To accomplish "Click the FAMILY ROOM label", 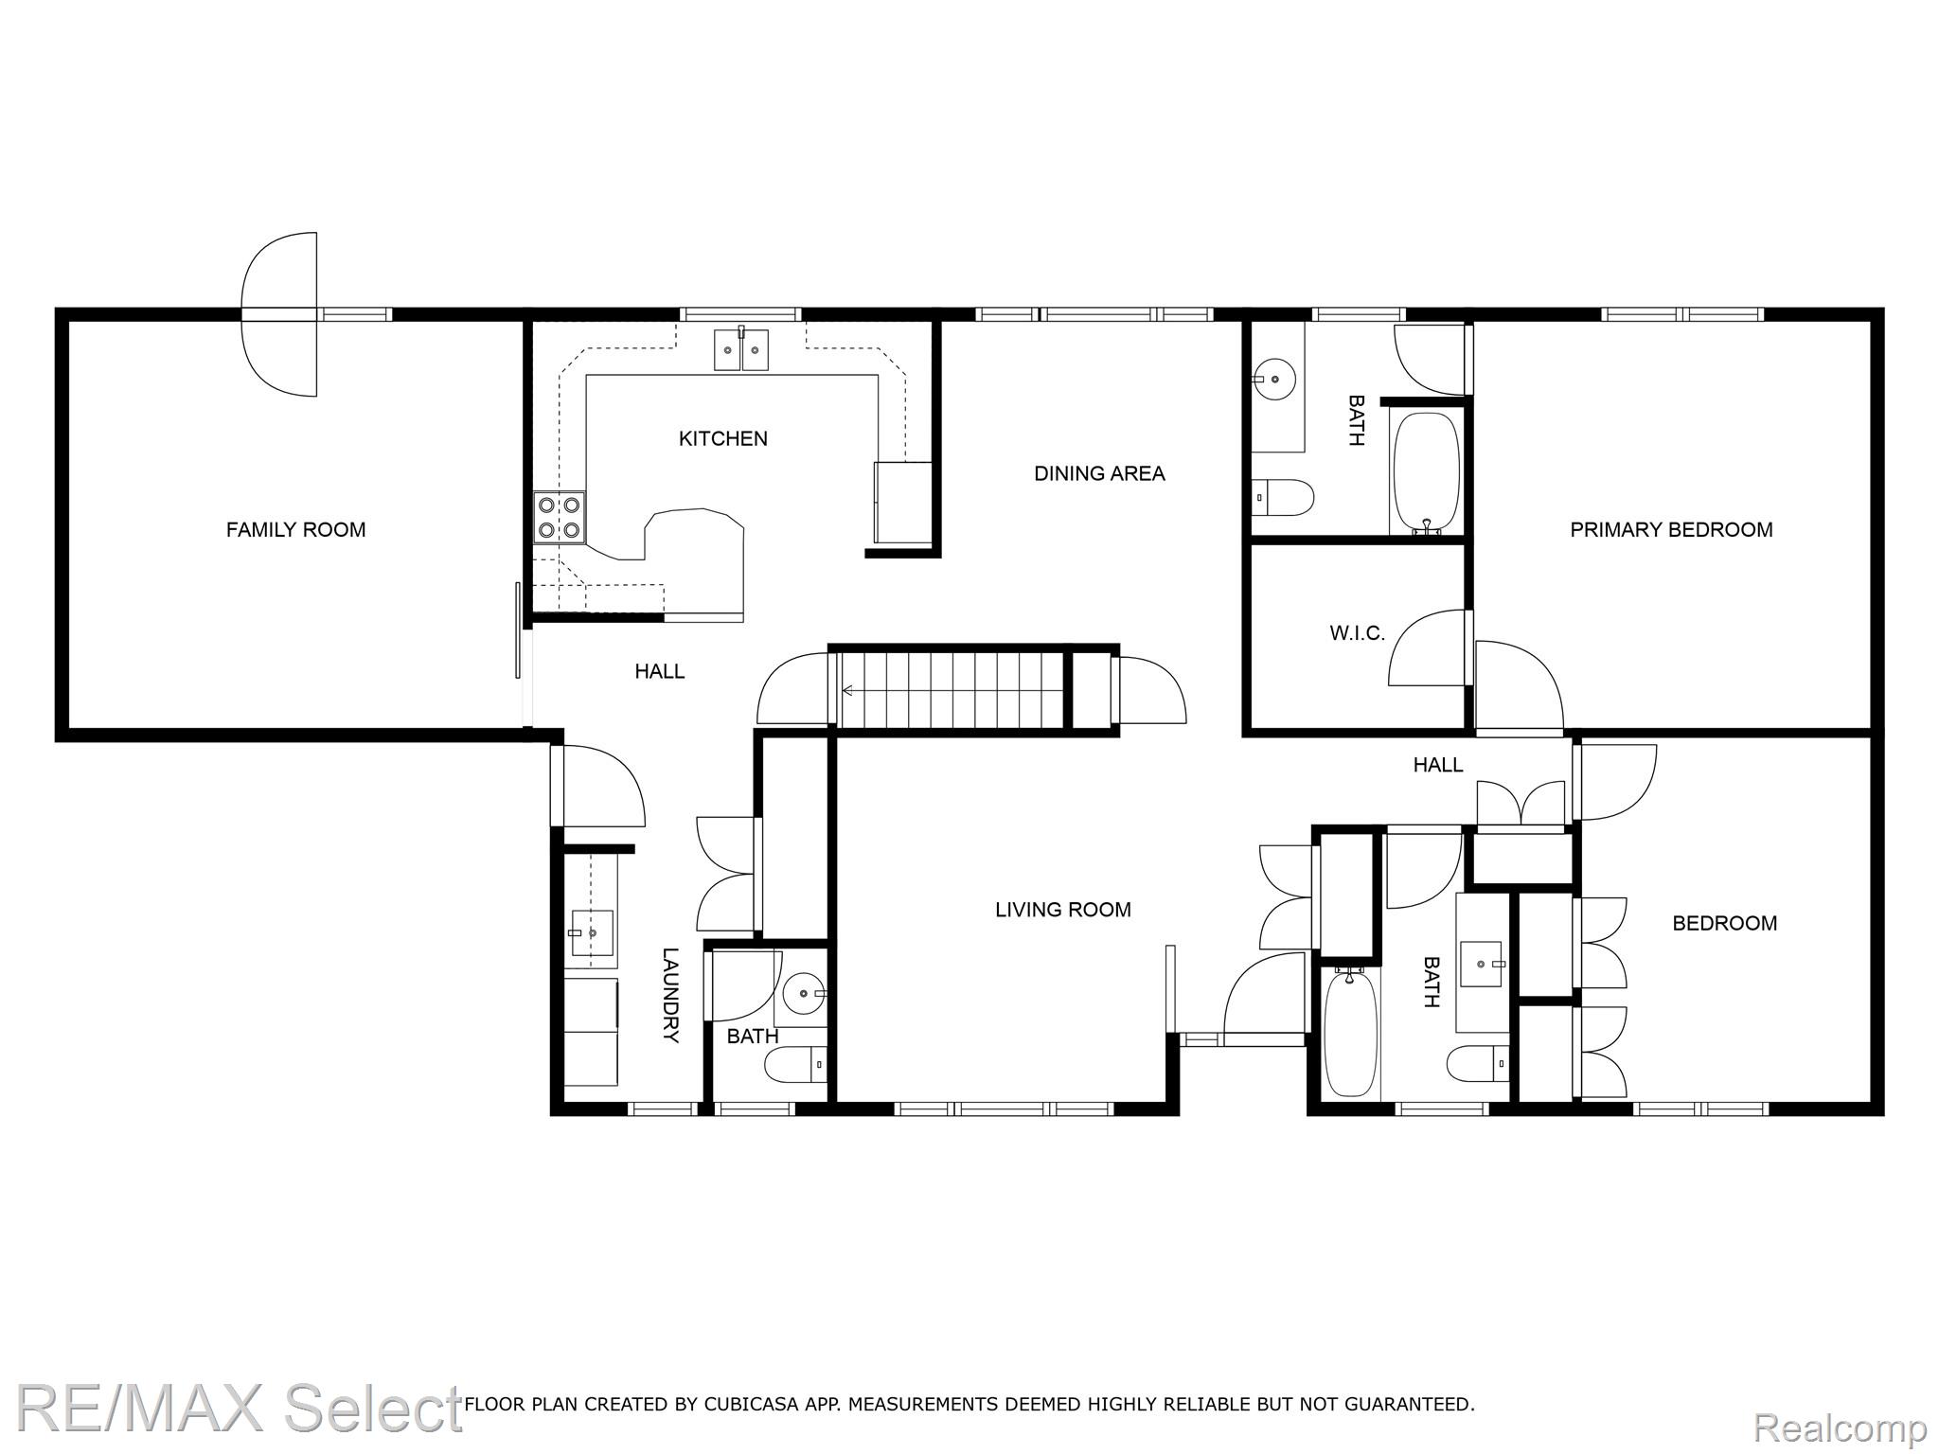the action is point(295,530).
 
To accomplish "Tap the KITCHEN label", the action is point(723,438).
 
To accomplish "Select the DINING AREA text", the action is point(1099,473).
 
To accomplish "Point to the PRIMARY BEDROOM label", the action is point(1671,530).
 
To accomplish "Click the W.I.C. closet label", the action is point(1357,633).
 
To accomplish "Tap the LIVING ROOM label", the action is point(1063,910).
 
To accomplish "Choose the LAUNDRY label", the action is point(670,995).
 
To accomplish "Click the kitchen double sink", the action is point(741,348).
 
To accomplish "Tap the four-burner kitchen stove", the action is point(560,518).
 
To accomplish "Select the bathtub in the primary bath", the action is point(1426,473).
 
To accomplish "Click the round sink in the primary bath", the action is point(1275,379).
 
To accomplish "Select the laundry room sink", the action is point(592,933).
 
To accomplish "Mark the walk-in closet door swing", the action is point(1431,647).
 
